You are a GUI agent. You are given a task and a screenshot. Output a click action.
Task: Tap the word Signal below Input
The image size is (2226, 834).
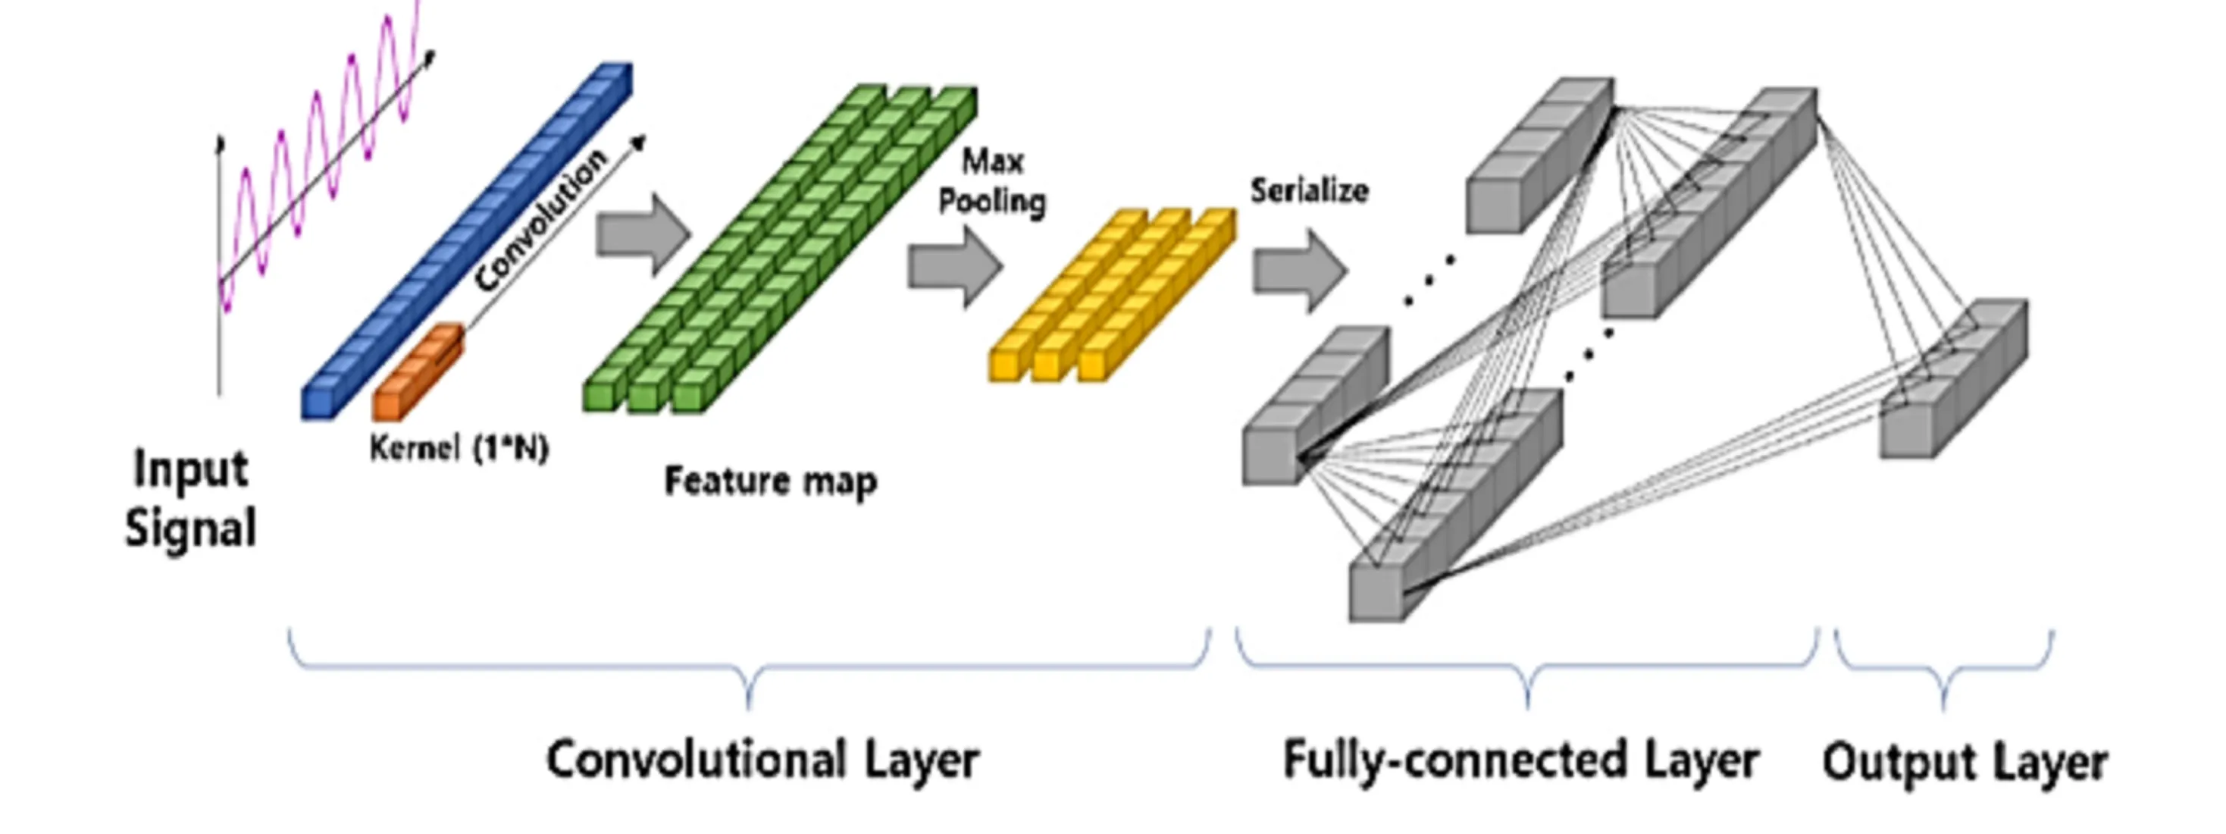pyautogui.click(x=191, y=527)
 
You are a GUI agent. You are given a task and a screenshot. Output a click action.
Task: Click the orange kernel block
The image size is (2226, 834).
pyautogui.click(x=417, y=372)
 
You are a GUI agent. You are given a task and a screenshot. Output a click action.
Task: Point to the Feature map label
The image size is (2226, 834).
pyautogui.click(x=770, y=481)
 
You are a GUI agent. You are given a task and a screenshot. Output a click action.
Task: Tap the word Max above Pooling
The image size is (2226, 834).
pyautogui.click(x=993, y=161)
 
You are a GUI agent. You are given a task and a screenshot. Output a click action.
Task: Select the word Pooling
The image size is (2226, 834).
pyautogui.click(x=992, y=202)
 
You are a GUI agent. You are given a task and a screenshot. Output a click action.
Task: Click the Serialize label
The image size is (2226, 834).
pyautogui.click(x=1309, y=191)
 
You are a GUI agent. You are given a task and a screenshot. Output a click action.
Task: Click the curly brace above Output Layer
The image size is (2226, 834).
pyautogui.click(x=1944, y=669)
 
